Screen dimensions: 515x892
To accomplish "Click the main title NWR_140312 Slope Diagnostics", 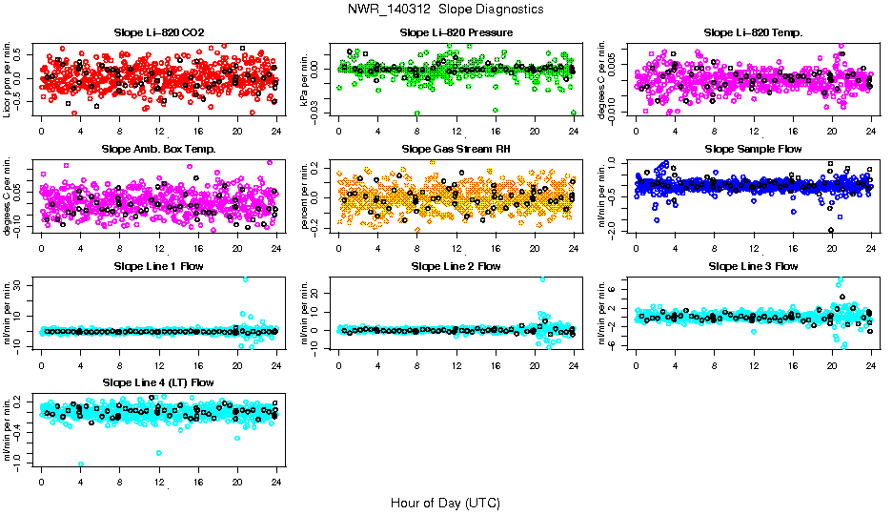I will (x=446, y=9).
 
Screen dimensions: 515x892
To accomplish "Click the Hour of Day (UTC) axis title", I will (x=445, y=502).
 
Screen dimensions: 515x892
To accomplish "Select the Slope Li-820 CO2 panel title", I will (x=158, y=32).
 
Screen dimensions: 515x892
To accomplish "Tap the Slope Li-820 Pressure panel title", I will (x=456, y=32).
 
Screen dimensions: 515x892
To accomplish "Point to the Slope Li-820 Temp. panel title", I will (x=753, y=32).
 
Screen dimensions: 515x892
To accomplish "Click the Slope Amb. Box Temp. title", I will (x=158, y=149).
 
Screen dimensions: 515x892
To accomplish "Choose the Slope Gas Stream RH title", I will (x=456, y=149).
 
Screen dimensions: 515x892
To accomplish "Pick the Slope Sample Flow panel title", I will (x=753, y=149).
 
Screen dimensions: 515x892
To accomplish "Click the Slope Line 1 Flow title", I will (x=158, y=266).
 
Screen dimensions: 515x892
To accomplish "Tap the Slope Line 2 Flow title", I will (x=456, y=266).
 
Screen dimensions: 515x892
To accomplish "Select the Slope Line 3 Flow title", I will (x=753, y=266).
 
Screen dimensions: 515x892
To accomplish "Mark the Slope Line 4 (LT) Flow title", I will (x=158, y=382).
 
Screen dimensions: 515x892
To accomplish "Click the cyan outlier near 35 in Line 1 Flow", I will (x=245, y=279).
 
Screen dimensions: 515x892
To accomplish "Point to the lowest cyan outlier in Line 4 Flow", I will (x=81, y=463).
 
